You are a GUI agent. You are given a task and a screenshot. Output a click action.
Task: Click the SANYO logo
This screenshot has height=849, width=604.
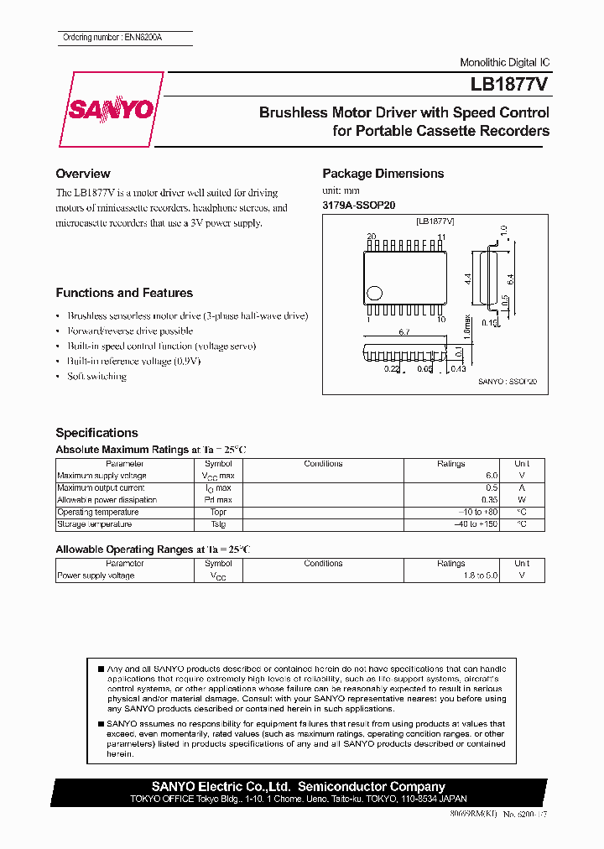pos(110,110)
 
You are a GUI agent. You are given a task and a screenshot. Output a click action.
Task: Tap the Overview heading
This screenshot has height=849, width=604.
pos(82,174)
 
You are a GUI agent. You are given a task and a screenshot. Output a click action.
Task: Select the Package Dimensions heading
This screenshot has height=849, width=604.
pos(383,174)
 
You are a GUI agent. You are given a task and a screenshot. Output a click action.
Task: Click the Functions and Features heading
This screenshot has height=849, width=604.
pos(123,293)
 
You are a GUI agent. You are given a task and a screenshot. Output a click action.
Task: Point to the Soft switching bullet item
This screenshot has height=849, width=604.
pos(96,377)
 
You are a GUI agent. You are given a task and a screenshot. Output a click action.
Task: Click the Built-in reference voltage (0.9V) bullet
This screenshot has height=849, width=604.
pos(134,362)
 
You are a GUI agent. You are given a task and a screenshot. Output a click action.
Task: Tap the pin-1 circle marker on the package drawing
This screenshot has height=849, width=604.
pos(375,293)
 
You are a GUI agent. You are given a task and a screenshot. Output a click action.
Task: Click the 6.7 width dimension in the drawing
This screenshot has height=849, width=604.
pos(404,332)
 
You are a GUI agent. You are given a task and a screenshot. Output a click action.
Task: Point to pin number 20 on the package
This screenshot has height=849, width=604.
pos(370,237)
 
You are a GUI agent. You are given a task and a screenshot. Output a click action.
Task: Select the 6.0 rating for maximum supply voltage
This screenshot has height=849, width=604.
pos(491,476)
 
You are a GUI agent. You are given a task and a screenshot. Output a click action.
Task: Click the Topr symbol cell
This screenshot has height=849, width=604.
pos(218,512)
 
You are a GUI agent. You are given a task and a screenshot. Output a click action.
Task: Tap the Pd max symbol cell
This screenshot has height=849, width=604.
pos(218,500)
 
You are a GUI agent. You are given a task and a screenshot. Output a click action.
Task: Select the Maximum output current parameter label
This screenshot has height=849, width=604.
pos(101,487)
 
